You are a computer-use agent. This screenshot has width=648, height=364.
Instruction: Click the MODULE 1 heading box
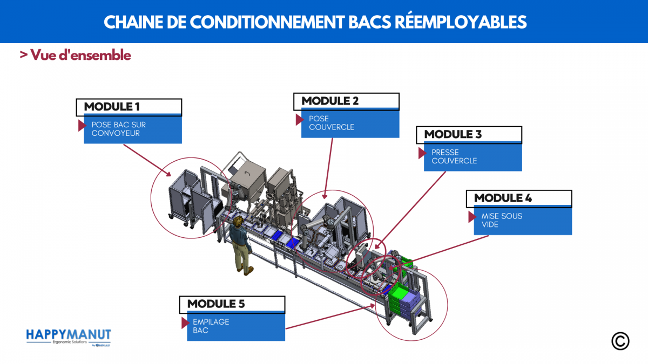(129, 107)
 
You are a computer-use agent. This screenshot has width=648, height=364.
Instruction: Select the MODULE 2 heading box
(346, 101)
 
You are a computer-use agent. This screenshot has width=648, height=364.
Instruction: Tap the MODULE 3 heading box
(469, 134)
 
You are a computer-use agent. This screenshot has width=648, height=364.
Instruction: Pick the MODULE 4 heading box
(518, 198)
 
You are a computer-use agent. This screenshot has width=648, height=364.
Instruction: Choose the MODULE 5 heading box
(232, 304)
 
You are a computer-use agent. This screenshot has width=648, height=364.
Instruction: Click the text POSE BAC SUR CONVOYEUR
(119, 129)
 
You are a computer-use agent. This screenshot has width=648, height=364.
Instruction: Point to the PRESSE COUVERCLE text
(454, 156)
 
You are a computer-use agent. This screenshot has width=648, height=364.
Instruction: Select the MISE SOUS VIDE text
(502, 220)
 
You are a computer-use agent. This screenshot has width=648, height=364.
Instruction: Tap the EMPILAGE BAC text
(211, 326)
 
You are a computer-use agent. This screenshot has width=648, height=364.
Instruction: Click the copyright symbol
(620, 341)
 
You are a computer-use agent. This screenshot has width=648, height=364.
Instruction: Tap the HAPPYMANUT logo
(69, 336)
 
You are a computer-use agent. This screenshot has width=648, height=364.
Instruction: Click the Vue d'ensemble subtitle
(76, 55)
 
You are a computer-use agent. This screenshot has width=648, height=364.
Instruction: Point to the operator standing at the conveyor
(239, 243)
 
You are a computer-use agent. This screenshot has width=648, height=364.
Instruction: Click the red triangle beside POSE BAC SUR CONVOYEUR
(82, 126)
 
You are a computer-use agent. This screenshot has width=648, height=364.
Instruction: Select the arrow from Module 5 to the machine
(329, 317)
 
